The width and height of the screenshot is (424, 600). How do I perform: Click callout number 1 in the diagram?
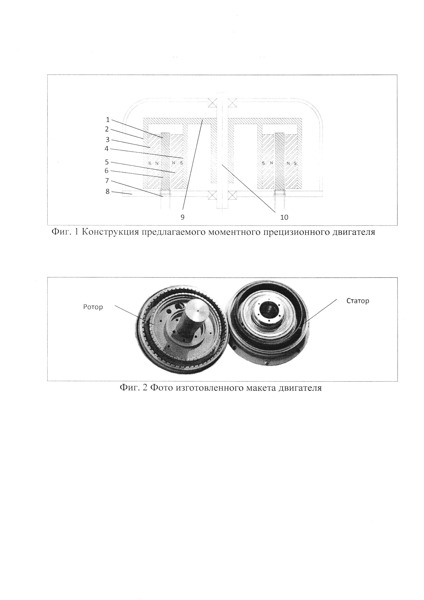pyautogui.click(x=108, y=120)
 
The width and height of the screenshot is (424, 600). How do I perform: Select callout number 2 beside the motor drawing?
pyautogui.click(x=107, y=129)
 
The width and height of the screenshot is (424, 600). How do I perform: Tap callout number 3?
pyautogui.click(x=107, y=140)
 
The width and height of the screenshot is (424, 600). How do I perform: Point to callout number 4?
pyautogui.click(x=107, y=149)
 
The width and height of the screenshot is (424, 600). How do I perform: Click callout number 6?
pyautogui.click(x=107, y=171)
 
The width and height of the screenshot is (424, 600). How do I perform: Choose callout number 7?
pyautogui.click(x=107, y=180)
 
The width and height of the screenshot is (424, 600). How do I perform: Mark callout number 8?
pyautogui.click(x=107, y=192)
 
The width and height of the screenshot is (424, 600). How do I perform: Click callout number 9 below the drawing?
pyautogui.click(x=182, y=217)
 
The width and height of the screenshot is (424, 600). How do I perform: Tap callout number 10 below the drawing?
pyautogui.click(x=284, y=217)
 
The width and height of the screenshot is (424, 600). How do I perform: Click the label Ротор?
pyautogui.click(x=93, y=307)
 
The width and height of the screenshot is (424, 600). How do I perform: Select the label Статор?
pyautogui.click(x=358, y=301)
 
